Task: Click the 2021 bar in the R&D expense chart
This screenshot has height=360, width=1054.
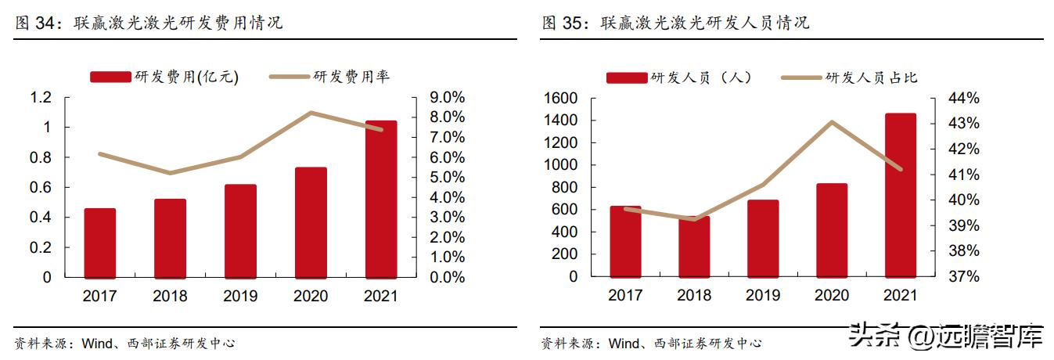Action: point(381,200)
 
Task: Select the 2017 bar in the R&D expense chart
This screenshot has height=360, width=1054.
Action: point(100,243)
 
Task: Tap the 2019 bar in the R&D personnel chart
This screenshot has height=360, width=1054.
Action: point(763,239)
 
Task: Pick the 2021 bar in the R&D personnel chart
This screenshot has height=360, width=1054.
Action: point(900,196)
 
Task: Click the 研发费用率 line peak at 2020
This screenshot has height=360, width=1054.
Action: point(311,113)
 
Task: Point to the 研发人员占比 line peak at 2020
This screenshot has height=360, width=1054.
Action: point(832,122)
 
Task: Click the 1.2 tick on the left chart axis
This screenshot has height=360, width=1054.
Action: point(41,98)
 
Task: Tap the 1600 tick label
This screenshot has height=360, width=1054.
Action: point(562,98)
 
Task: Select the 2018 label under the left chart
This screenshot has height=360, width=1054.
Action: point(170,296)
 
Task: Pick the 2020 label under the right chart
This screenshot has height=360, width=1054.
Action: point(831,296)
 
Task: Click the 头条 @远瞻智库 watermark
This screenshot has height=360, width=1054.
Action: point(947,337)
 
